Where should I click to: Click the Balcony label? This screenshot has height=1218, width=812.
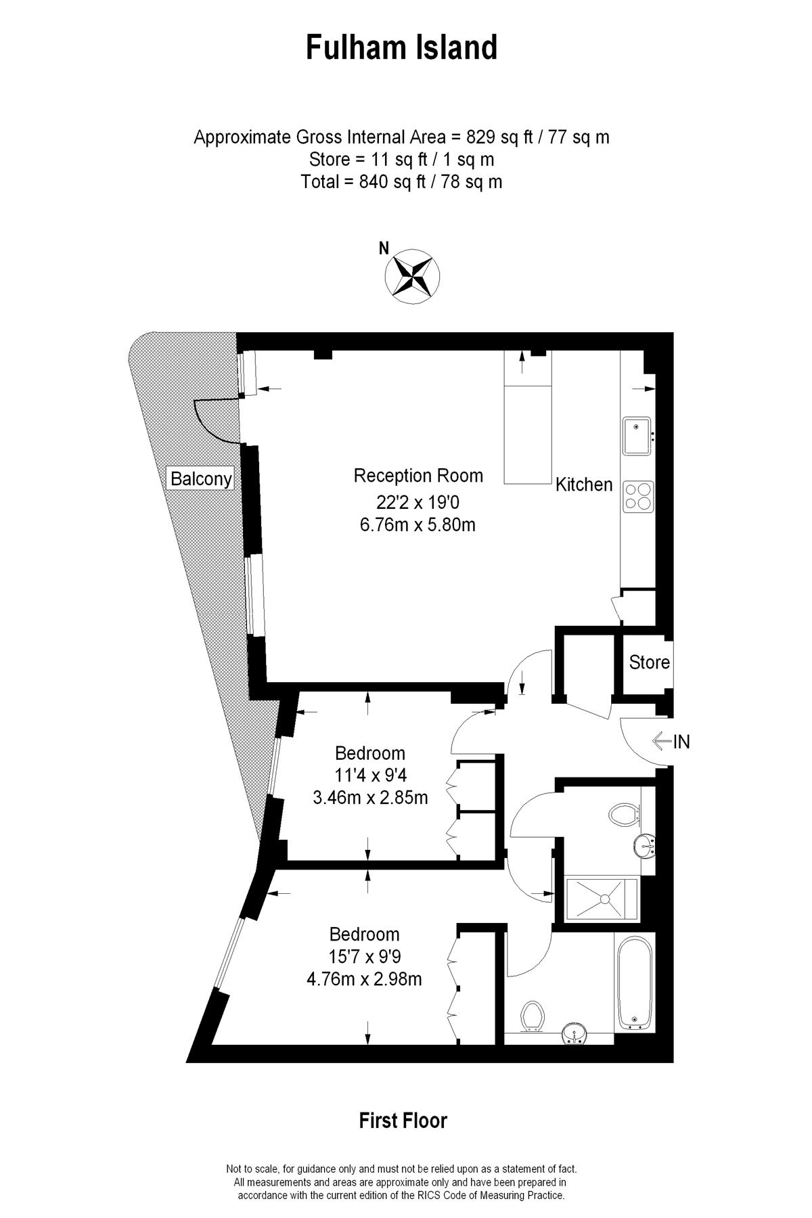click(201, 479)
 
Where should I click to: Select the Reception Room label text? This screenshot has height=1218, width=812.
click(418, 476)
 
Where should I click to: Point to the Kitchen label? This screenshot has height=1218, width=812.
click(583, 484)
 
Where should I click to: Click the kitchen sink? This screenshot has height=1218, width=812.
click(636, 436)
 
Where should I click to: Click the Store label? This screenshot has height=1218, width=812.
click(649, 662)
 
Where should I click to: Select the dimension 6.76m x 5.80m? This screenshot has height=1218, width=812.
click(418, 524)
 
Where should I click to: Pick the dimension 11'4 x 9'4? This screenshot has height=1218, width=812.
click(370, 775)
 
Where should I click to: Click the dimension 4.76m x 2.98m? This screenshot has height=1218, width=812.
click(364, 979)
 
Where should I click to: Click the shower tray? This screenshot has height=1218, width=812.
click(602, 899)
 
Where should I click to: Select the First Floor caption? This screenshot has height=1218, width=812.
click(403, 1121)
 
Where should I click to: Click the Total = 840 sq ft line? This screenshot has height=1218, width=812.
click(401, 181)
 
